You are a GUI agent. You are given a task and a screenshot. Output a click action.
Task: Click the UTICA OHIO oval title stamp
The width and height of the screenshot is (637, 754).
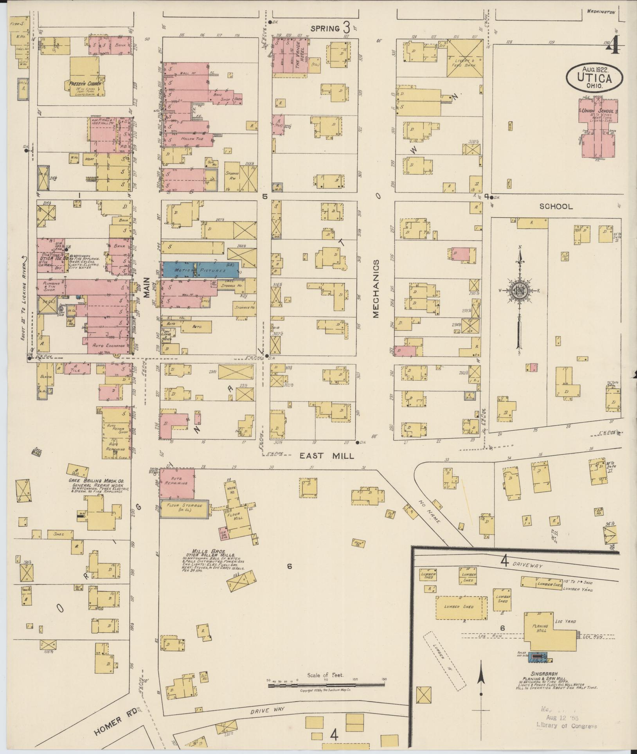[594, 77]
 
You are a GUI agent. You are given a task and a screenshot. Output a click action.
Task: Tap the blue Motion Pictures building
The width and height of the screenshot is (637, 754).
[200, 270]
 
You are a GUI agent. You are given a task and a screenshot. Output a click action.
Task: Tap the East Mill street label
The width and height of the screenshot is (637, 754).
[327, 456]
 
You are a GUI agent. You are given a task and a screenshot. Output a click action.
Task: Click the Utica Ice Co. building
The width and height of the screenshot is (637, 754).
[51, 258]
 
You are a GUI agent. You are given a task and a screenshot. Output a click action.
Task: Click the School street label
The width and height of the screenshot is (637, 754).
[556, 206]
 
